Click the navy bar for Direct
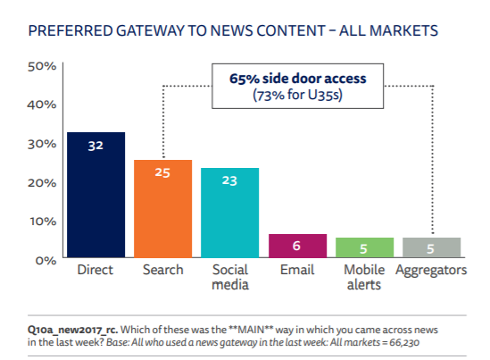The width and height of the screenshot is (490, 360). point(96,197)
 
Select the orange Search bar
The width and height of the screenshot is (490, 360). point(162,210)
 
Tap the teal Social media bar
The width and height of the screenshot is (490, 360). point(229,214)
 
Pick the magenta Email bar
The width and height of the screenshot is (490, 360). point(296,247)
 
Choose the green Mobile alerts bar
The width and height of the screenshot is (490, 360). point(364,248)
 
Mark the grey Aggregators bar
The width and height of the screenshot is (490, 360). point(431,248)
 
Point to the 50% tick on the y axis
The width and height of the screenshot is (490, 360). point(43,66)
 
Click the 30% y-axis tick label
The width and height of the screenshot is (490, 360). point(43,144)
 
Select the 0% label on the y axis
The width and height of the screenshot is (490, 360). point(46,260)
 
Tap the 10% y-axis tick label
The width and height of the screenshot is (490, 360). point(43,221)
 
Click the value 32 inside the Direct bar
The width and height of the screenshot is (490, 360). point(96,145)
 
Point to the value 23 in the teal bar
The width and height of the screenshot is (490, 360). point(229,180)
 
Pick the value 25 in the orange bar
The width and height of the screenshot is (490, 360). point(162,172)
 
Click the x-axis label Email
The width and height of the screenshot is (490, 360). point(296,270)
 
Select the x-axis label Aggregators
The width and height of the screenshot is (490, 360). point(431,270)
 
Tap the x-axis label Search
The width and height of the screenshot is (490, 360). point(162,270)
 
